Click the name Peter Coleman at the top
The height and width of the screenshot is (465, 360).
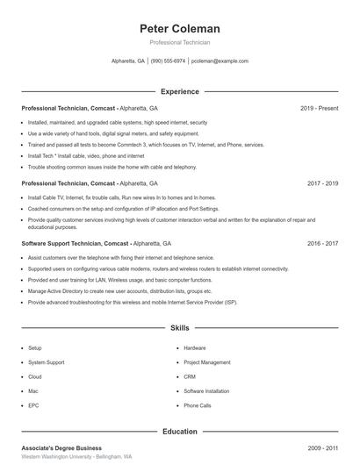(x=179, y=28)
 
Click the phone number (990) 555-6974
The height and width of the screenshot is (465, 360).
(x=168, y=61)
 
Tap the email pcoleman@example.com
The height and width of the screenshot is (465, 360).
(x=220, y=61)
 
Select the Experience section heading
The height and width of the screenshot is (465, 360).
(x=179, y=91)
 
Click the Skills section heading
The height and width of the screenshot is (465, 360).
(x=179, y=327)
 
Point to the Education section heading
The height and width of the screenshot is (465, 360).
(x=179, y=431)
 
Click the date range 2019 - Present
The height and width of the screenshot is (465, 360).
(x=319, y=108)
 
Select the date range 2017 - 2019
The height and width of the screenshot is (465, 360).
(x=322, y=183)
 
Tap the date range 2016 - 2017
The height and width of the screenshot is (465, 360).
(x=322, y=242)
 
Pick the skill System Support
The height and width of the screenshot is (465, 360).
(x=46, y=362)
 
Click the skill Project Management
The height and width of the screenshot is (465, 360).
(x=207, y=362)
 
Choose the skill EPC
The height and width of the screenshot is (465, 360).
(x=33, y=405)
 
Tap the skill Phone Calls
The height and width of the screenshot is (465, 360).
(x=198, y=405)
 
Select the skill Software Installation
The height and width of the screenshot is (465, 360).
(x=206, y=391)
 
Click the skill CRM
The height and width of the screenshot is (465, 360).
(x=189, y=376)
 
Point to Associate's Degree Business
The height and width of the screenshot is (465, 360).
(x=61, y=447)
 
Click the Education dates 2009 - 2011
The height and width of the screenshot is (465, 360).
(x=322, y=447)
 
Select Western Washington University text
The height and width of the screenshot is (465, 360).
(x=57, y=457)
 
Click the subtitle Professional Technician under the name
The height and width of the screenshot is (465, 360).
(x=179, y=42)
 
